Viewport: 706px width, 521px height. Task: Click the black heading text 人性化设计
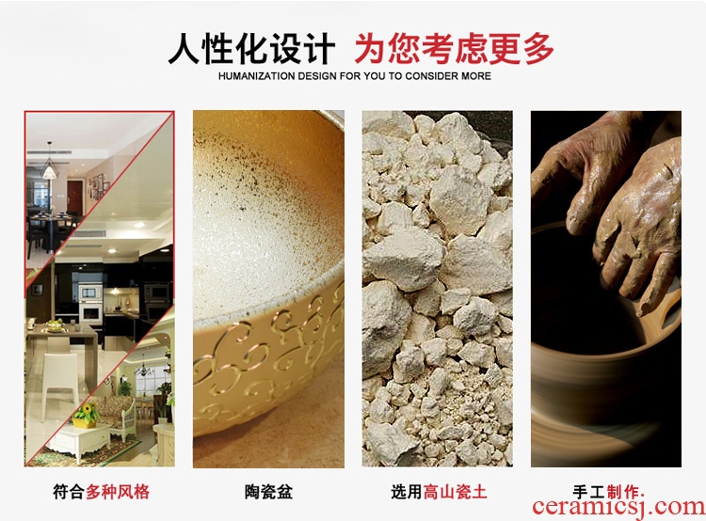click(251, 49)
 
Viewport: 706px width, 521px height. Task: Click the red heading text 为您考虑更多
click(454, 49)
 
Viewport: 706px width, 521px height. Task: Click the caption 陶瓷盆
click(269, 491)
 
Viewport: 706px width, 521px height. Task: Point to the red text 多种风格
click(118, 491)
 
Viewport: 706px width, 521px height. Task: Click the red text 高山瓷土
click(456, 491)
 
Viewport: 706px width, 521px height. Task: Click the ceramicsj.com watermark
click(618, 506)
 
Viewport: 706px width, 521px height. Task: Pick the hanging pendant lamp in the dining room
click(49, 166)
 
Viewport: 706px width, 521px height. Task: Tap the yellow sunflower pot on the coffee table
click(85, 416)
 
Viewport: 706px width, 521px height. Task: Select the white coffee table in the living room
click(79, 441)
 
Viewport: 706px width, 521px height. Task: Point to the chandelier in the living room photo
click(144, 369)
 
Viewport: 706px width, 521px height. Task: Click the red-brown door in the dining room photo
click(74, 197)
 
